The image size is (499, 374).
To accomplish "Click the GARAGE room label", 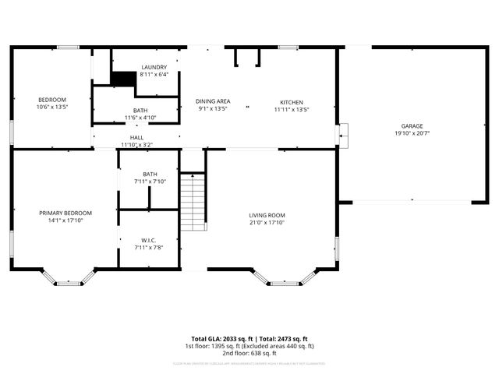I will (x=412, y=125).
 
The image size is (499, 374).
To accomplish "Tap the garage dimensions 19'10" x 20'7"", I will (x=412, y=133).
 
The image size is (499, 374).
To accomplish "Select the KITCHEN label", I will (x=292, y=102).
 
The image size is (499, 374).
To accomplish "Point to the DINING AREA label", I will (x=212, y=102).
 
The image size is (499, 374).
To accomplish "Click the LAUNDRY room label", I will (x=154, y=68).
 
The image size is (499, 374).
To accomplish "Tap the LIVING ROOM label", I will (x=267, y=216).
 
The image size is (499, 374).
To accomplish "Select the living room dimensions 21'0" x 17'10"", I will (x=267, y=224).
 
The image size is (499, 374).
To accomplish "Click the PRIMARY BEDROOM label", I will (x=65, y=213).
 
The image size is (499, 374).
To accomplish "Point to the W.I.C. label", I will (x=150, y=240).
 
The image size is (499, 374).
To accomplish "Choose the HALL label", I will (x=136, y=138).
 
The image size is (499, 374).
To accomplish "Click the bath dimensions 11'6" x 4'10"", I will (x=140, y=118).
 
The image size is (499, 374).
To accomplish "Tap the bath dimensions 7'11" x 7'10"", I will (x=150, y=182).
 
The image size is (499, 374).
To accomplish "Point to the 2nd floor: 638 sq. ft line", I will (x=249, y=352).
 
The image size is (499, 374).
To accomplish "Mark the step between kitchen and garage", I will (x=343, y=135).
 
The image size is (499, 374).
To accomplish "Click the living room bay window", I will (x=285, y=277).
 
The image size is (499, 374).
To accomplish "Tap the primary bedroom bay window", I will (x=69, y=278).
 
